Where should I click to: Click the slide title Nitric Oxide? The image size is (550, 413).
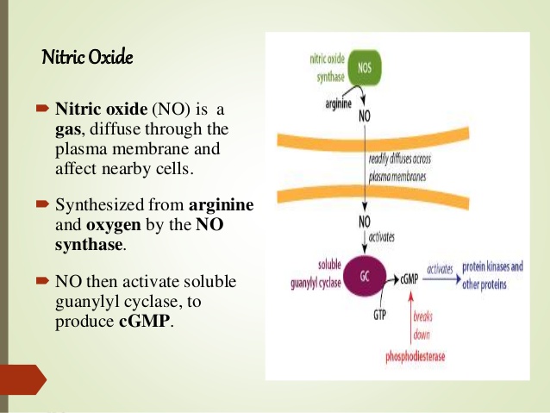87,57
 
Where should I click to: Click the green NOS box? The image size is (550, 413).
365,68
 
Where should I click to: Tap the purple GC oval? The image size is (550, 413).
365,276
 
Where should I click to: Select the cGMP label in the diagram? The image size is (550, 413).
409,279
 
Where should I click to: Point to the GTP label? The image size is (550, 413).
379,315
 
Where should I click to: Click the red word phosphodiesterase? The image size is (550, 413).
416,356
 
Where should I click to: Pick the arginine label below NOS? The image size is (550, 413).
338,103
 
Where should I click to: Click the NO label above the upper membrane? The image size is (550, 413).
365,116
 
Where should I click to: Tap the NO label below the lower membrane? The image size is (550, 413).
365,222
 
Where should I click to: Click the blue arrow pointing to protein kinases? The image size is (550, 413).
442,279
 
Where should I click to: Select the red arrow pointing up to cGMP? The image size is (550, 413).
411,317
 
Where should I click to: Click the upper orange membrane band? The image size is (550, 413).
373,138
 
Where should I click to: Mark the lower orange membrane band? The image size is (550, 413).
373,196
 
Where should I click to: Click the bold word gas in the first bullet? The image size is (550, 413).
68,130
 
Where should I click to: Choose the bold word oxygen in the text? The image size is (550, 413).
113,224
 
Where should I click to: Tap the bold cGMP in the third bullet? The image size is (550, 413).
144,321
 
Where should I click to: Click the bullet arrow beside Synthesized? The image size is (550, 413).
42,203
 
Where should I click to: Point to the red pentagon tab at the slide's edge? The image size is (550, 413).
23,379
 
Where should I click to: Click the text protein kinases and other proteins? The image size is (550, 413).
492,275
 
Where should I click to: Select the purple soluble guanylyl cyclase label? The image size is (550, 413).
316,274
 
